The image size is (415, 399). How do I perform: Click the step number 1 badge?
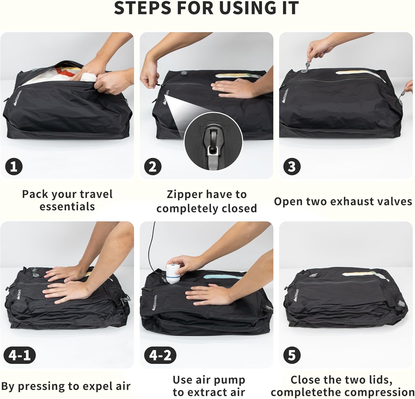pos(14,167)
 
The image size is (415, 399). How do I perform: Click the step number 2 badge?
pos(153,167)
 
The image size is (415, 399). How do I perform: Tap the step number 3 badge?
pos(292,167)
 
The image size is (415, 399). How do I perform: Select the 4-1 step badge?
pos(20,355)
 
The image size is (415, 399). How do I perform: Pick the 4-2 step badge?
pos(160,355)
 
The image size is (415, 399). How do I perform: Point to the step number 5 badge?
pos(292,355)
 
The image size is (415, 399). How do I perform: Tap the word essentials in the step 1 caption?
pos(67,207)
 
